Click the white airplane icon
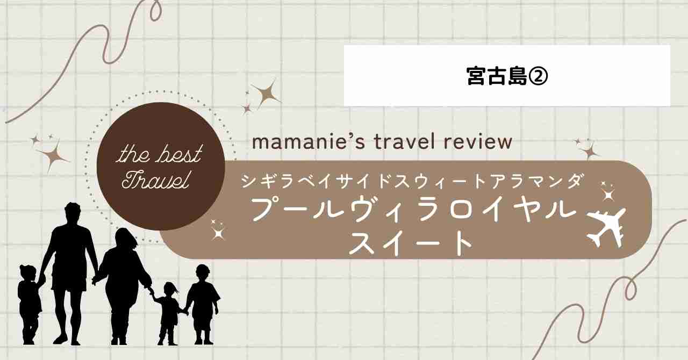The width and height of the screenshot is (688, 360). [x=606, y=229]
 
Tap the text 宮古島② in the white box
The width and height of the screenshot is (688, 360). [x=507, y=76]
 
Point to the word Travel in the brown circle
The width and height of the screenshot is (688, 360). [x=155, y=179]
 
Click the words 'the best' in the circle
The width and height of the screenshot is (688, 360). [x=159, y=154]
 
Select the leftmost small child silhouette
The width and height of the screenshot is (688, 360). [x=29, y=304]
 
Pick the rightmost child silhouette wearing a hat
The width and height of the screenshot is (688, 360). [x=203, y=304]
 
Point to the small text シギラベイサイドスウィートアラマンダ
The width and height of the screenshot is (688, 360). [x=412, y=182]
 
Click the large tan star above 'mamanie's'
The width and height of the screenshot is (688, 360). [x=266, y=93]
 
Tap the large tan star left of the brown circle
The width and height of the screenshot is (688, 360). [x=53, y=157]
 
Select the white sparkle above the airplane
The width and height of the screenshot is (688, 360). [x=608, y=195]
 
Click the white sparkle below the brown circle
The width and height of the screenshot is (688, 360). [x=218, y=233]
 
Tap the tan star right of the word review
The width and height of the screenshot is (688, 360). [x=590, y=152]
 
